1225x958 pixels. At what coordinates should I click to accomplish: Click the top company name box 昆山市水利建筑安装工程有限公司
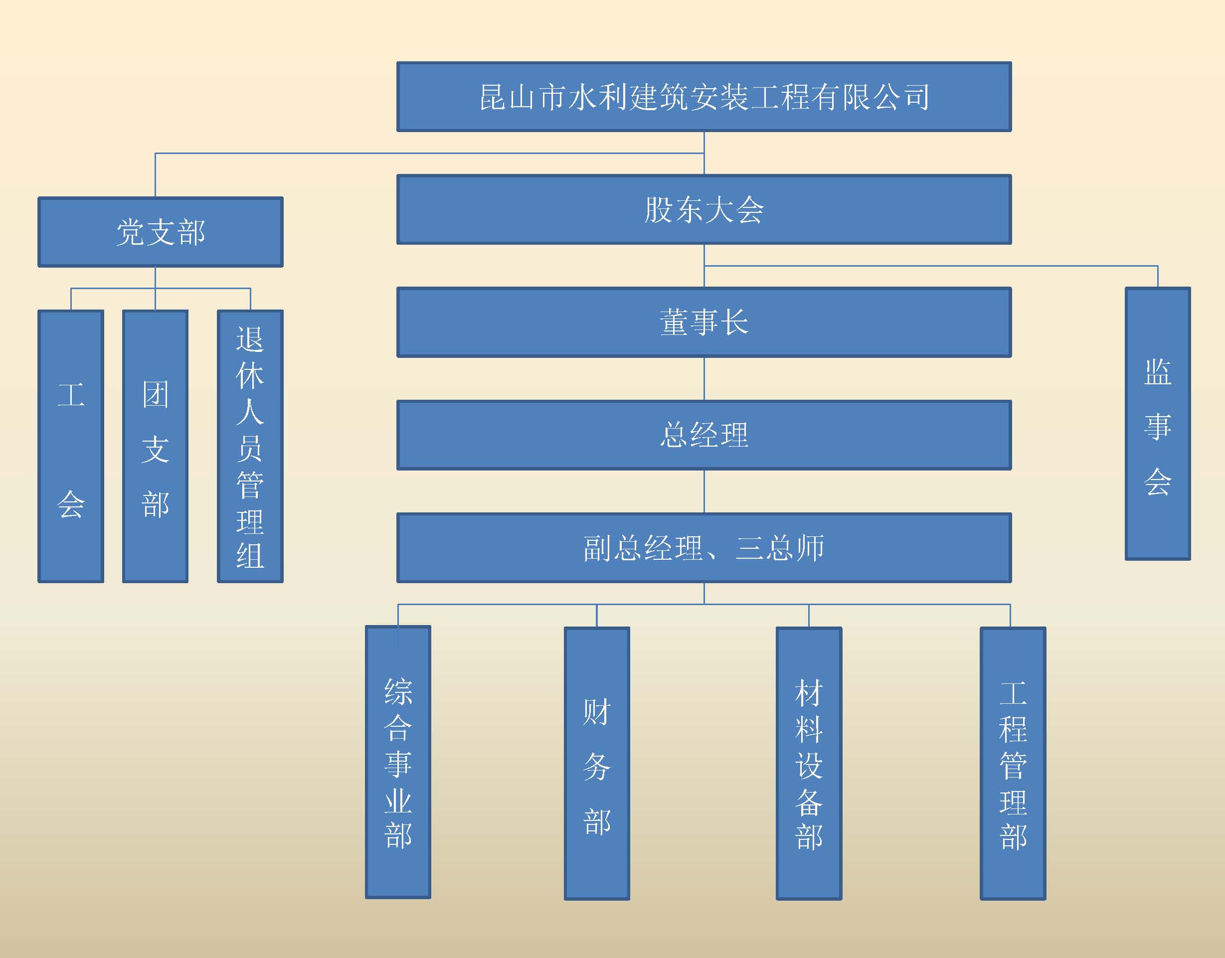click(704, 97)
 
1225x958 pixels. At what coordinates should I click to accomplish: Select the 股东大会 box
click(704, 210)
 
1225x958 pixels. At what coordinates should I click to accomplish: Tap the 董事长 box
click(704, 322)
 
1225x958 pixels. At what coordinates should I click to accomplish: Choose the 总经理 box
click(704, 435)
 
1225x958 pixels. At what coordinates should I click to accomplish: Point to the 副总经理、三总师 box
click(704, 548)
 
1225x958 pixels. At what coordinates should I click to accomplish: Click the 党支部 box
click(161, 232)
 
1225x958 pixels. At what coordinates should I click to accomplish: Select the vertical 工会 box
click(71, 447)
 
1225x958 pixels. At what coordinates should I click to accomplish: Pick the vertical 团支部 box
click(156, 447)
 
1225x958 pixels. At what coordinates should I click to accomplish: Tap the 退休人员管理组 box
click(250, 447)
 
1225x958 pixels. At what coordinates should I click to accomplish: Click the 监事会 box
click(1158, 424)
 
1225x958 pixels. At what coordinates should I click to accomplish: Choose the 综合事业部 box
click(398, 762)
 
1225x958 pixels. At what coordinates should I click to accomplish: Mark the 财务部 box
click(597, 764)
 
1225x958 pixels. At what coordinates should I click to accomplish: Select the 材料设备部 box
click(809, 764)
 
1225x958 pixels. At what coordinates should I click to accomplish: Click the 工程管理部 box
click(1013, 764)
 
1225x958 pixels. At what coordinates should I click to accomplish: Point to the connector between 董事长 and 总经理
click(704, 379)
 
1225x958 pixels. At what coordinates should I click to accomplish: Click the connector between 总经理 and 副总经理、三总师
click(704, 491)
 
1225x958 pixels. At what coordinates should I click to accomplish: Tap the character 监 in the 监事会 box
click(1158, 372)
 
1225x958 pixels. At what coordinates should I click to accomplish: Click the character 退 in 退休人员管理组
click(250, 340)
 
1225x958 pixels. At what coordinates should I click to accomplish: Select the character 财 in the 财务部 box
click(597, 712)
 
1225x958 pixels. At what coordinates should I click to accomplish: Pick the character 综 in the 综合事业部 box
click(398, 691)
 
